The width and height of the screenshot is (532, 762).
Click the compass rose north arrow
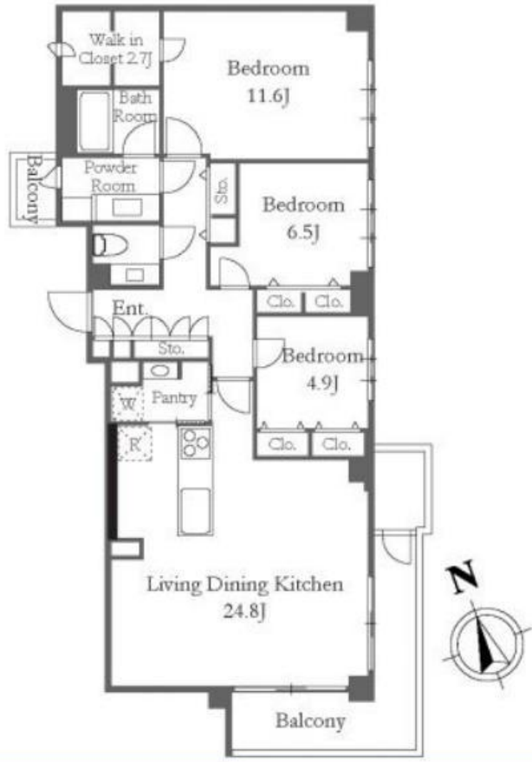click(487, 642)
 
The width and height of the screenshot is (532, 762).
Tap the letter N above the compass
click(464, 577)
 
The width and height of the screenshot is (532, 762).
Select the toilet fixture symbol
click(109, 245)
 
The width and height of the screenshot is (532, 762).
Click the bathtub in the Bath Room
click(94, 121)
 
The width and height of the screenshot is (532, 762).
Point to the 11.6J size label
click(269, 96)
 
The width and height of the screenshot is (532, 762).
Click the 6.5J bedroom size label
click(303, 232)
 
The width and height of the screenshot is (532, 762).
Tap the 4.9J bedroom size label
click(322, 384)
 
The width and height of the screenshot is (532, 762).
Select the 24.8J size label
click(244, 610)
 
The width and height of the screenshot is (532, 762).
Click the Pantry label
click(174, 398)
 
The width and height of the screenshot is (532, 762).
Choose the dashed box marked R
click(134, 443)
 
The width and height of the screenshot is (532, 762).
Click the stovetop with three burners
click(196, 442)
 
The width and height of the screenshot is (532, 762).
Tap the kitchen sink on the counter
click(196, 510)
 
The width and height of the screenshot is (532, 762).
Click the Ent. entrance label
click(129, 308)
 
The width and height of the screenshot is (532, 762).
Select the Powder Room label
click(112, 177)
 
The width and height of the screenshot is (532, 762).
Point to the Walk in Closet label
click(116, 48)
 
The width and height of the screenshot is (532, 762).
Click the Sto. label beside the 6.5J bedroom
click(222, 190)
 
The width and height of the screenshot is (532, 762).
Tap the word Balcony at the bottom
click(311, 720)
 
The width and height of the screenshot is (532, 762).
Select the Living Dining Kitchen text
click(245, 584)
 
